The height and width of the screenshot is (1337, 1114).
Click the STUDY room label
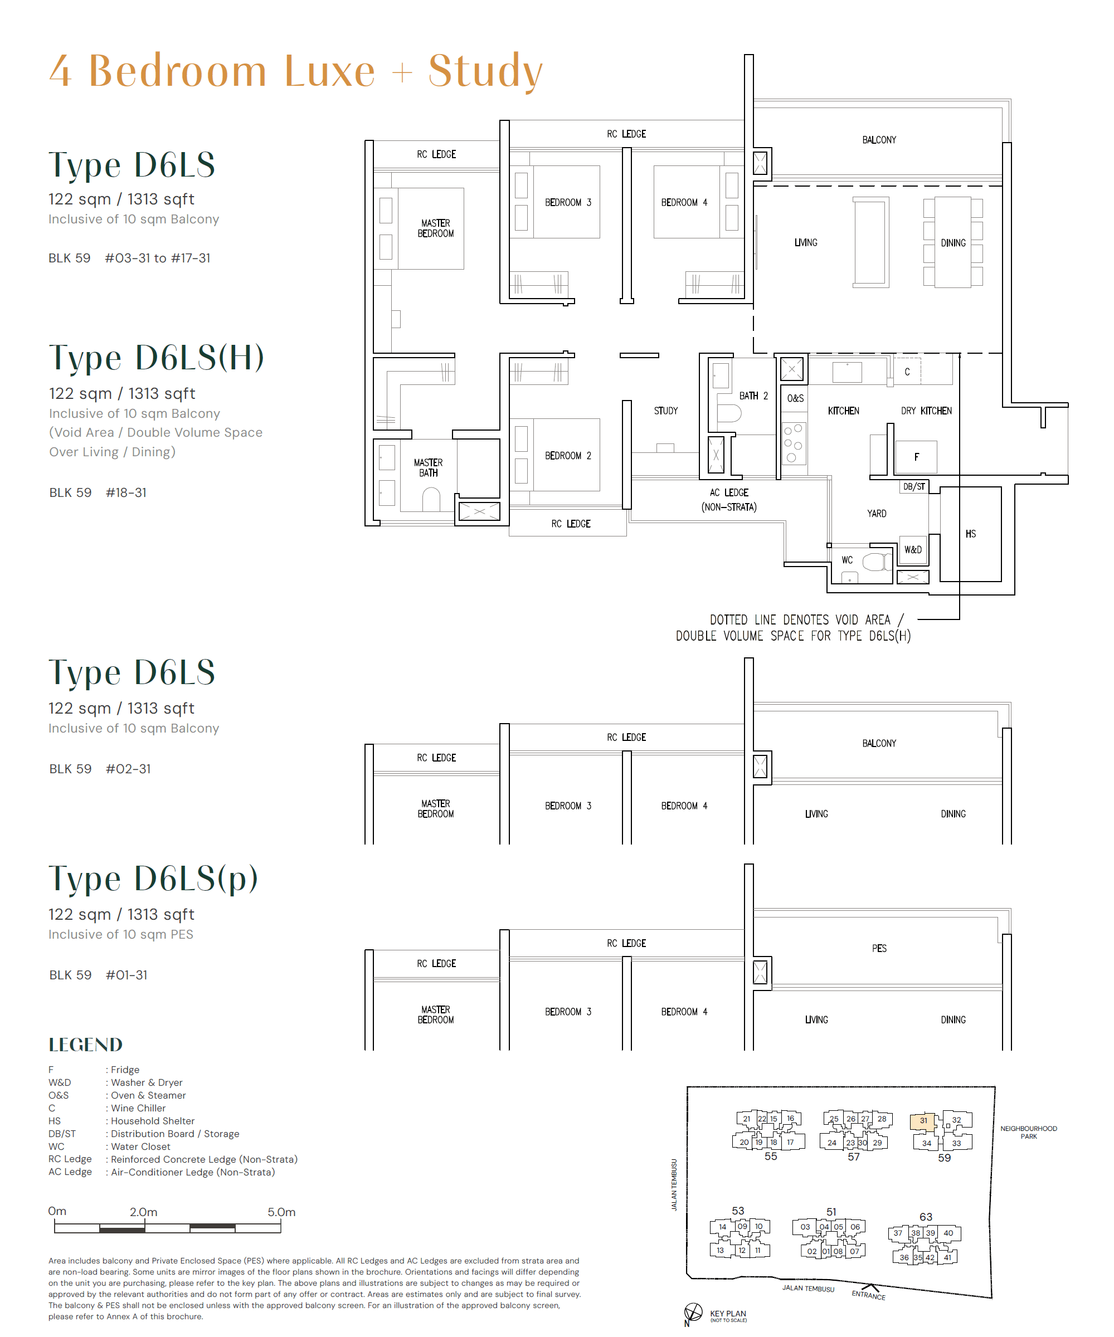coord(665,411)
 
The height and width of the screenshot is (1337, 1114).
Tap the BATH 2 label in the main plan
coord(753,396)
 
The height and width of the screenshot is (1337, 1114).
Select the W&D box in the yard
coord(912,549)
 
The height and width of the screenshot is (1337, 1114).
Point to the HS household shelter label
coord(970,534)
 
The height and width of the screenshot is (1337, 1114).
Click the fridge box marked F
coord(916,456)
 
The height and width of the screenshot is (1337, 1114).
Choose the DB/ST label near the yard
coord(913,486)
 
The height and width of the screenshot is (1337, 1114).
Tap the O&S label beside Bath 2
coord(795,398)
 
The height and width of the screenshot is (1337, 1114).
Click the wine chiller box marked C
coord(907,372)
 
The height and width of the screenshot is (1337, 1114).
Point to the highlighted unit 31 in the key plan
coord(923,1120)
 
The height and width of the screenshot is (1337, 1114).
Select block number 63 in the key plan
coord(926,1217)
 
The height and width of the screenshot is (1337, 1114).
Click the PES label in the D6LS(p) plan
coord(879,948)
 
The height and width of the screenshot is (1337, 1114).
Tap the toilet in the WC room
coord(877,562)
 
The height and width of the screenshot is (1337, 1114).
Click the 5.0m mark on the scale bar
coord(281,1212)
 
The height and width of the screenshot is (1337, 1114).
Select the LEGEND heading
coord(85,1045)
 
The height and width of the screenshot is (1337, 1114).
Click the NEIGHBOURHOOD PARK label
coord(1028,1132)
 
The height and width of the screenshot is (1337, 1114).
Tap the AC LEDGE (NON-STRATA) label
coord(729,500)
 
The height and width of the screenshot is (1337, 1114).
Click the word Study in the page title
coord(485,71)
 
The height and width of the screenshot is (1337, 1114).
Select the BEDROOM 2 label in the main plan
coord(567,456)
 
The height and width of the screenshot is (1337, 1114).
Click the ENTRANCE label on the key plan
coord(868,1295)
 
